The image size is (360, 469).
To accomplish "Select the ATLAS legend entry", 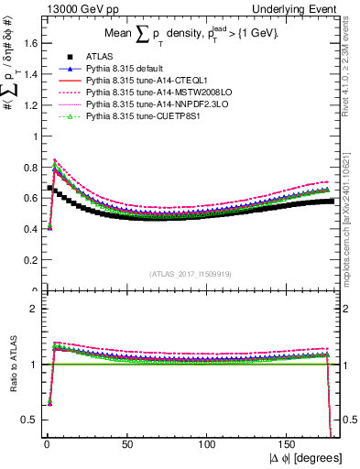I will (98, 57).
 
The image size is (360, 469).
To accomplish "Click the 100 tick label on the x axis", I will (207, 442).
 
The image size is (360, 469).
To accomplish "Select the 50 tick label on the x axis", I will (126, 442).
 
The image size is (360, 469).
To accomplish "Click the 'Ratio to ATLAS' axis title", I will (11, 365).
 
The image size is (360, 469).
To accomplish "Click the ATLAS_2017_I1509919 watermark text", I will (191, 273).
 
